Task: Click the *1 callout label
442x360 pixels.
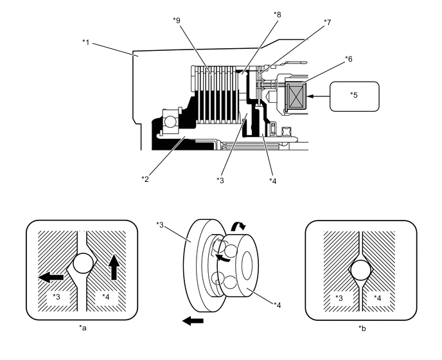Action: (x=85, y=42)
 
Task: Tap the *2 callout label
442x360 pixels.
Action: (x=145, y=179)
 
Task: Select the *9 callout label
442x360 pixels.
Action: (x=177, y=21)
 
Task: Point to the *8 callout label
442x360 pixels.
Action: (x=278, y=15)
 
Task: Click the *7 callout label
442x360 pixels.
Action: (x=327, y=22)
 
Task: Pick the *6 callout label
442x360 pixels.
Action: (x=349, y=59)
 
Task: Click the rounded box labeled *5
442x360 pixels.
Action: (x=355, y=96)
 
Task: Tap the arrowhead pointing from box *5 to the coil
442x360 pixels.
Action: (x=310, y=96)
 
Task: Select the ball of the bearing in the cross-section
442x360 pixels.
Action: (x=170, y=122)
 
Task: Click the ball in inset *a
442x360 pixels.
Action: (x=83, y=263)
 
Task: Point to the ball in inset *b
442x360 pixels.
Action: (x=361, y=270)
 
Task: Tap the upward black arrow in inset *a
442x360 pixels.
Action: (x=114, y=267)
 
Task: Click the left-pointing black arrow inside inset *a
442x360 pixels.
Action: (x=51, y=277)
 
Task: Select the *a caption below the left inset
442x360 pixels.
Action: (x=83, y=328)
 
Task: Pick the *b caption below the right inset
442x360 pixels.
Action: (x=362, y=328)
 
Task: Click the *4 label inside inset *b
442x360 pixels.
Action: (x=377, y=298)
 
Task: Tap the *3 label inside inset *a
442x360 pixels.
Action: (x=57, y=297)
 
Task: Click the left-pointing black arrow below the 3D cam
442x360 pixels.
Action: (x=193, y=321)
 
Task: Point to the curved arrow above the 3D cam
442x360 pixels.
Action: (x=238, y=226)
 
